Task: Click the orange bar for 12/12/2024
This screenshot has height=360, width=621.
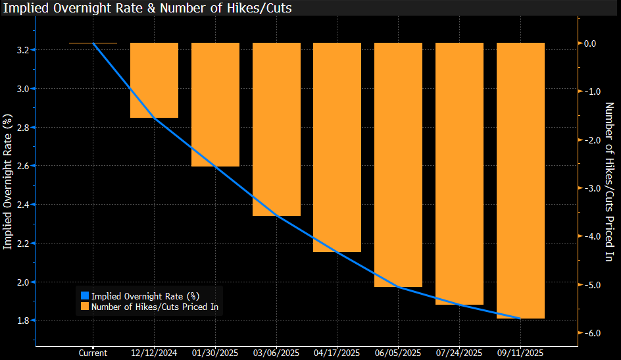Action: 154,80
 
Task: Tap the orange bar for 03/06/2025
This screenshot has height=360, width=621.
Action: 276,129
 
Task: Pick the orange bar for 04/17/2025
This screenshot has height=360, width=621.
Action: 337,147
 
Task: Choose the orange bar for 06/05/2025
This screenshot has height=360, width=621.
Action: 398,165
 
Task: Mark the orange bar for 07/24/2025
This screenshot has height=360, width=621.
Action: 459,174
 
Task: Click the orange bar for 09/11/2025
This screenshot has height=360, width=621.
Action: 520,180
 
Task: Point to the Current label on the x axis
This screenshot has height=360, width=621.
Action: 93,353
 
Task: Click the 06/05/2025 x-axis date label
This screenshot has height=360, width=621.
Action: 398,353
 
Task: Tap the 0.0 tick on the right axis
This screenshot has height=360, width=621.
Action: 589,43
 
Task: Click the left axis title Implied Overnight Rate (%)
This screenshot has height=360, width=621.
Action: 8,182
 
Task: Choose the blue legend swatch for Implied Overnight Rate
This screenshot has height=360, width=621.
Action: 84,296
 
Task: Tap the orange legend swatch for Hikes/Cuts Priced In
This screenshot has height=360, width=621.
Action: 84,306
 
